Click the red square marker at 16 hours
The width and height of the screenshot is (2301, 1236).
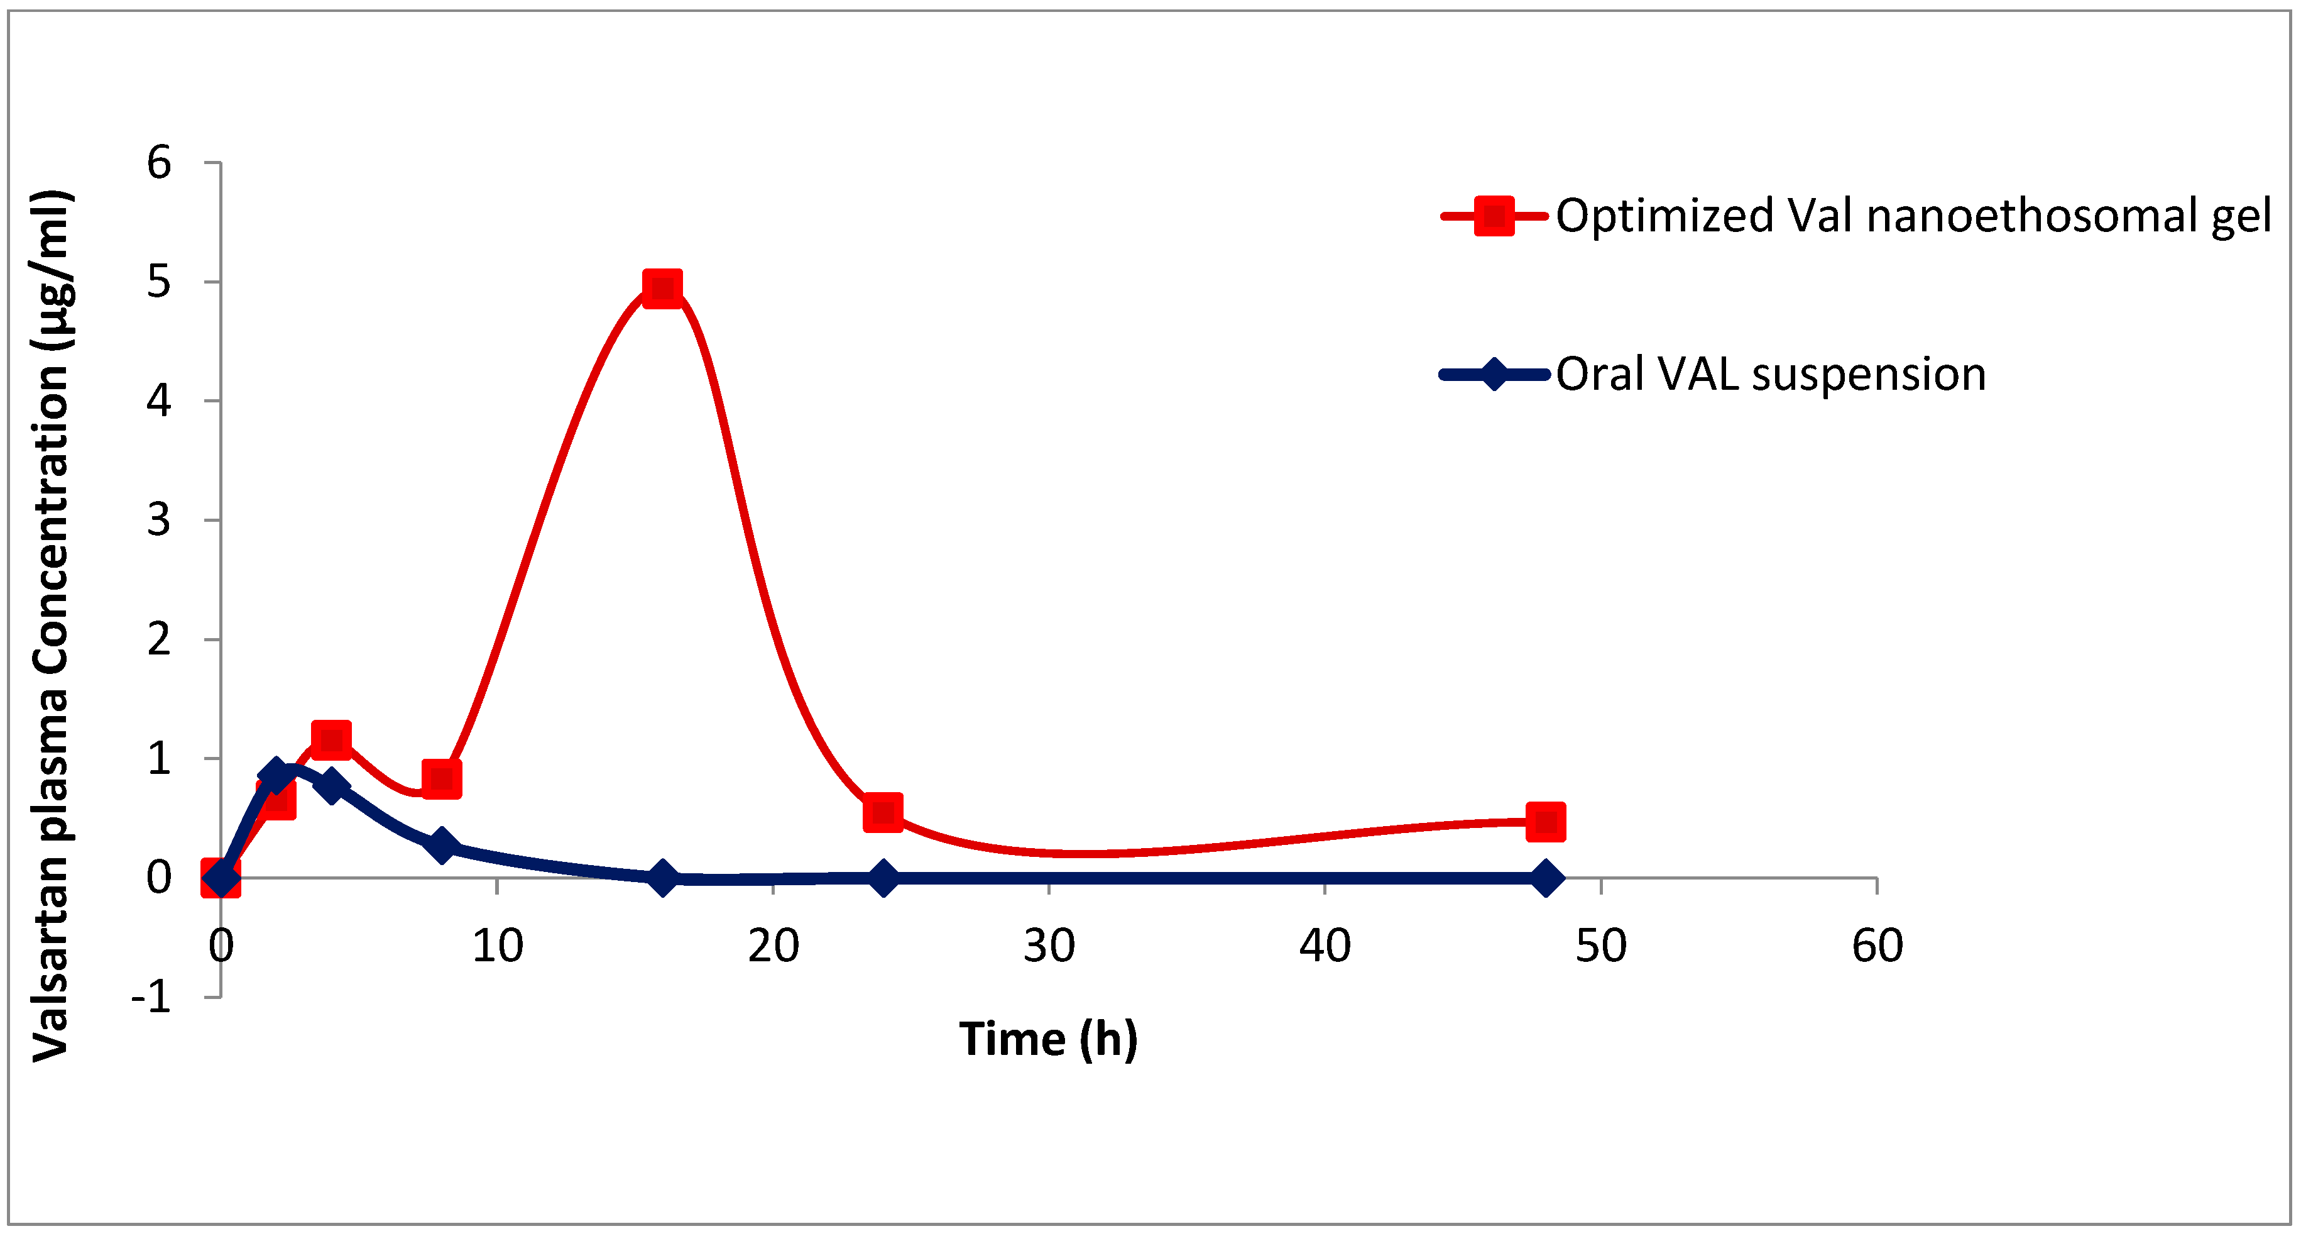(662, 288)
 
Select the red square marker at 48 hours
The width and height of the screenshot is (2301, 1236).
(1545, 821)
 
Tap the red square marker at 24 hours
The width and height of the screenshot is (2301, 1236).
(883, 812)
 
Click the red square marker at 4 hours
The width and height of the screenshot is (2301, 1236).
(331, 740)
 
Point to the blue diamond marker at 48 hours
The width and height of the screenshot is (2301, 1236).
(1545, 878)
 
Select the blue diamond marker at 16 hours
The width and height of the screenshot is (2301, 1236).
(662, 878)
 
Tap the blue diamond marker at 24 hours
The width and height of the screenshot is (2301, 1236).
(883, 878)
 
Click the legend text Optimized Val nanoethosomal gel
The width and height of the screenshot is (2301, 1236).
(1913, 216)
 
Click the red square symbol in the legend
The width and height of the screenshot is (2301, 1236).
(1494, 216)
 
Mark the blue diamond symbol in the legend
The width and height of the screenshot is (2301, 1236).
(1494, 375)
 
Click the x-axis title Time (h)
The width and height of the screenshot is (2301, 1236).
(1048, 1039)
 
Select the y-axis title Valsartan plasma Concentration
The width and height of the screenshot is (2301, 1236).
(51, 626)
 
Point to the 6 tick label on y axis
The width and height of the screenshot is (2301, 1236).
(159, 163)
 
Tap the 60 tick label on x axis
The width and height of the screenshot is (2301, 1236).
(1877, 946)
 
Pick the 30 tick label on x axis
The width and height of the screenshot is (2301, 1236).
(1049, 946)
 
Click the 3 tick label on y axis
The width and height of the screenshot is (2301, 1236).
(159, 520)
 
